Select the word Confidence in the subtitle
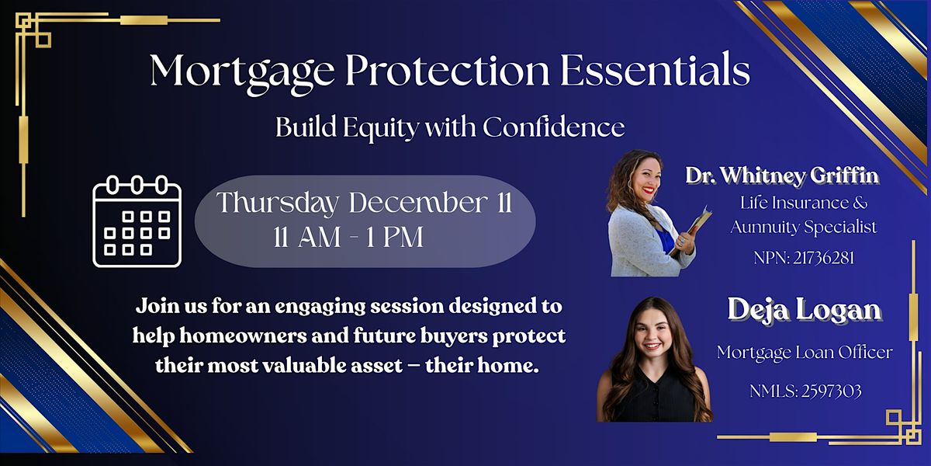click(553, 127)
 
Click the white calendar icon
click(137, 222)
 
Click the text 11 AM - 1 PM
click(348, 237)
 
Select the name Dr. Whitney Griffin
click(782, 176)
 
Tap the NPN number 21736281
click(825, 258)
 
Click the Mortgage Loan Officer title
click(804, 352)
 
